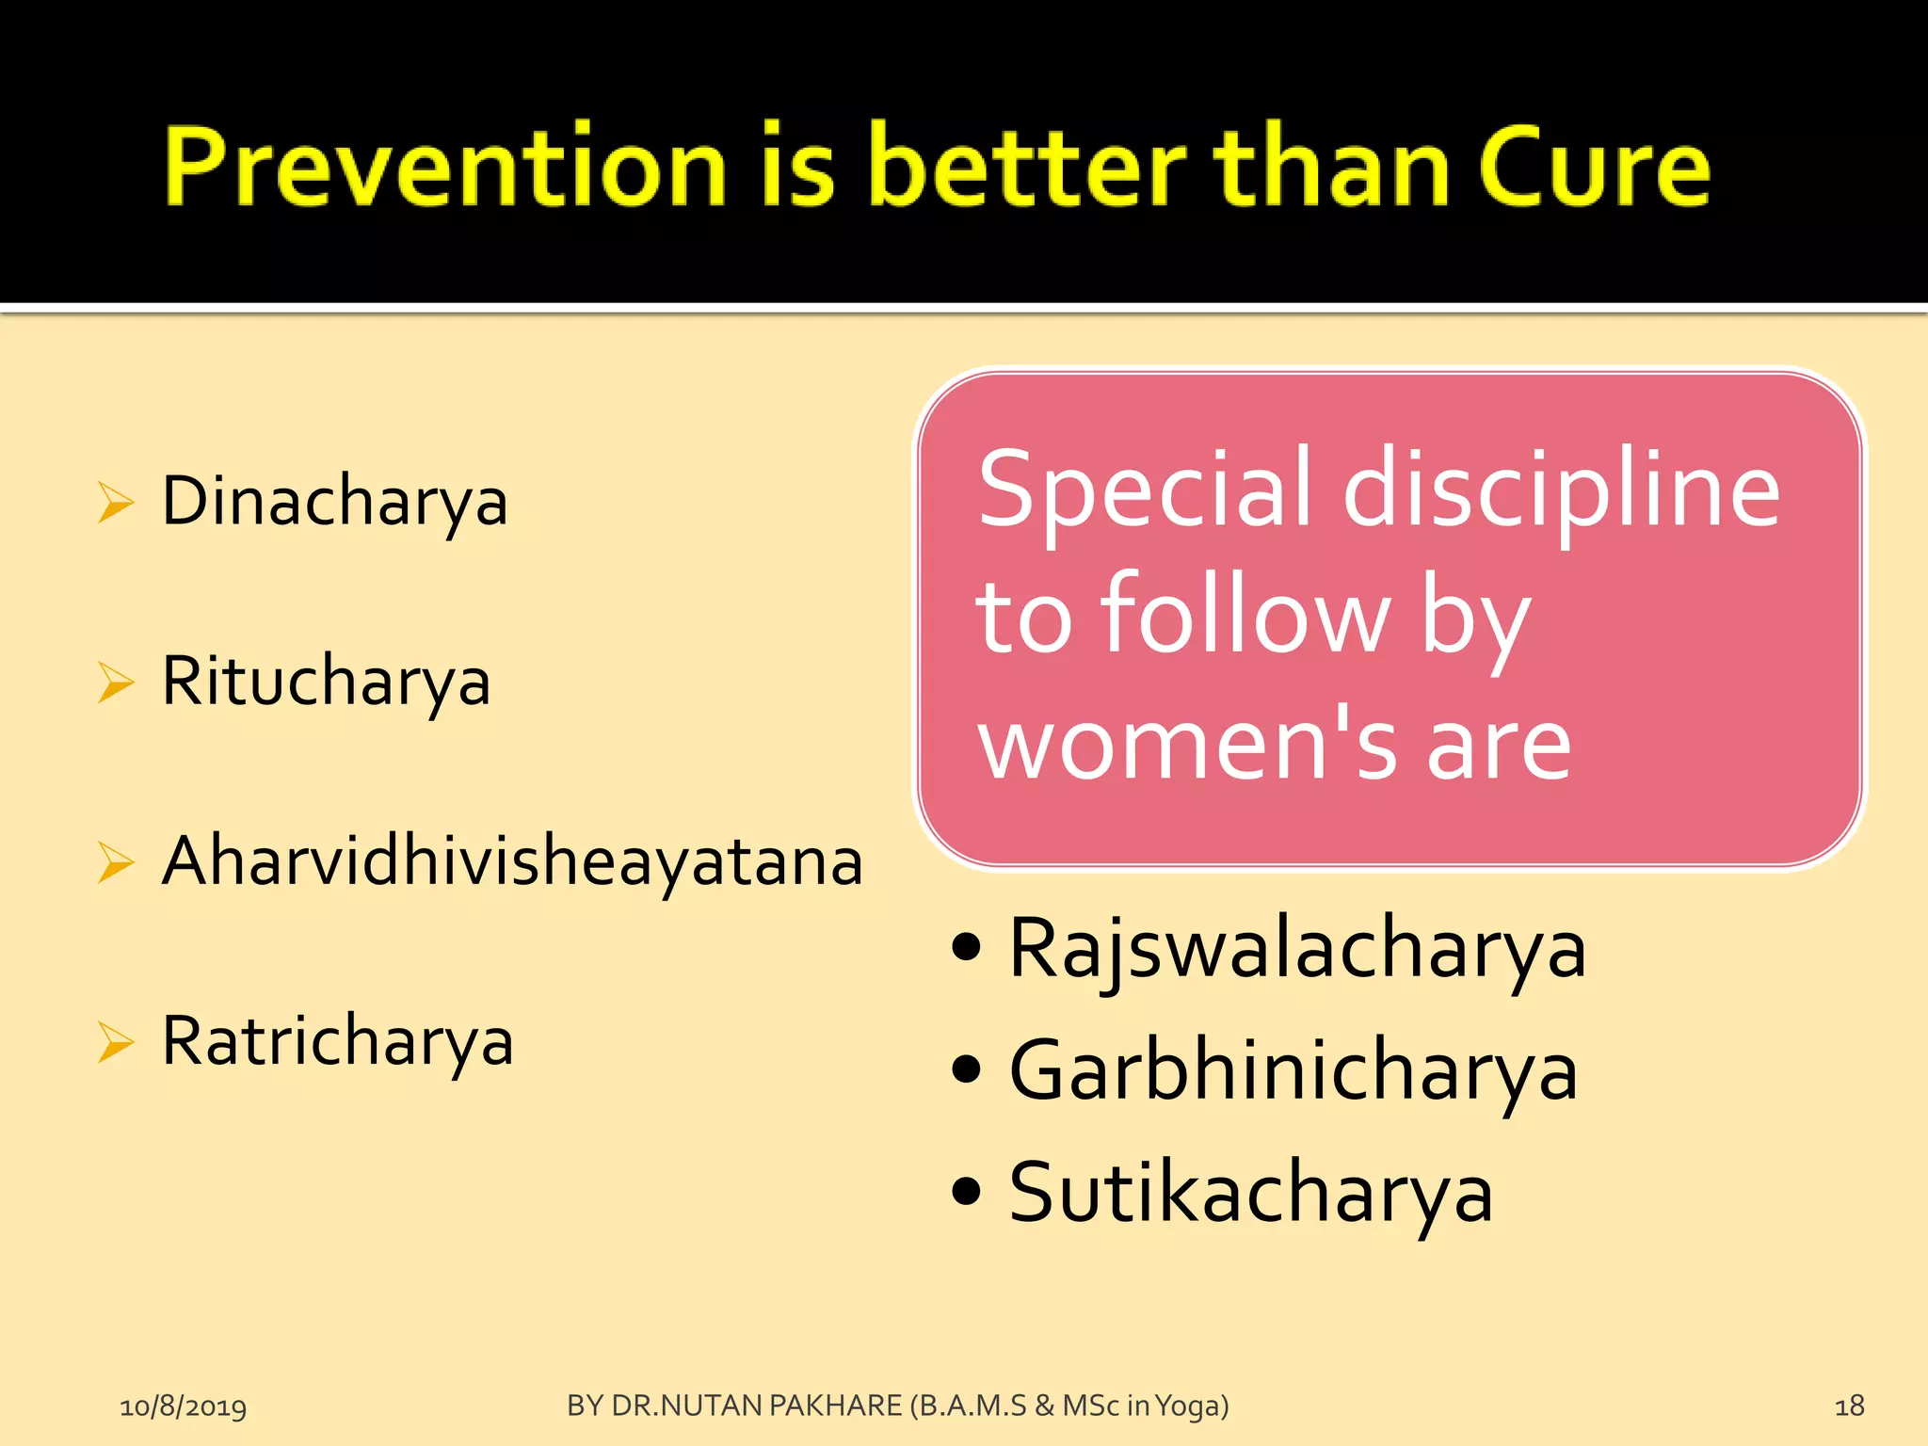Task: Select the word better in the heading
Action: (1027, 168)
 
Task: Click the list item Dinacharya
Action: (334, 502)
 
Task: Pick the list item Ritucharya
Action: (326, 682)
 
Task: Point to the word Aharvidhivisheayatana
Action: (512, 861)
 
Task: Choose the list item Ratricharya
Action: (337, 1041)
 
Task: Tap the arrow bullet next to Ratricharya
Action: (116, 1042)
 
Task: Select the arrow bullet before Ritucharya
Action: (116, 683)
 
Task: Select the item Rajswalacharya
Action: (1297, 949)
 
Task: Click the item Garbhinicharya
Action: (1293, 1071)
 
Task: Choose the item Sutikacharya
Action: (1250, 1193)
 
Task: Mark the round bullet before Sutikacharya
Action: (966, 1191)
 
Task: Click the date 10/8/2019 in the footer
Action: (183, 1406)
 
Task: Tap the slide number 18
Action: (1849, 1406)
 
